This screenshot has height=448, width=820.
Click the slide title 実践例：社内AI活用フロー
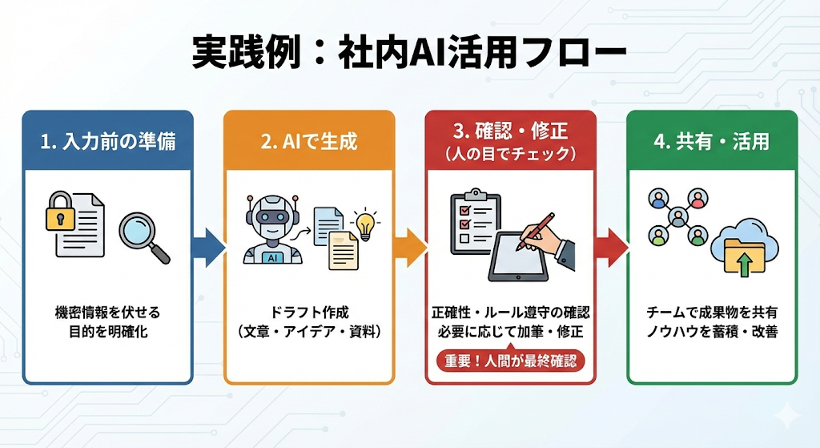tap(409, 52)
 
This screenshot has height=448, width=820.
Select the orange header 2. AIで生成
tap(308, 142)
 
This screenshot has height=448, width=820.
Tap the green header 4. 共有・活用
tap(711, 142)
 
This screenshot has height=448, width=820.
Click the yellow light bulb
tap(366, 224)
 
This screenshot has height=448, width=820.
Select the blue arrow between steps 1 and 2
tap(208, 247)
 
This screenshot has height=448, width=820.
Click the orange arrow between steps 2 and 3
tap(409, 247)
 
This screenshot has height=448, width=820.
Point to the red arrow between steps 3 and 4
tap(611, 247)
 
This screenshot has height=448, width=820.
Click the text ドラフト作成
tap(308, 313)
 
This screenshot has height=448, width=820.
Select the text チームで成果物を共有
tap(711, 313)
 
